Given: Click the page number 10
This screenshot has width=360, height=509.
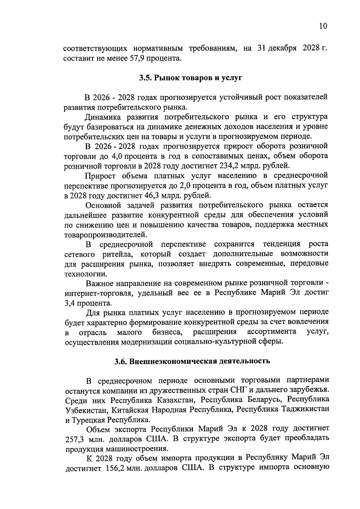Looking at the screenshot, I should [323, 26].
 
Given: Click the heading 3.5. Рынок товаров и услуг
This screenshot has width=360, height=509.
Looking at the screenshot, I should [190, 78].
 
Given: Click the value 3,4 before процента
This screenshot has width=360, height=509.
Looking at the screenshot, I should [70, 303].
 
